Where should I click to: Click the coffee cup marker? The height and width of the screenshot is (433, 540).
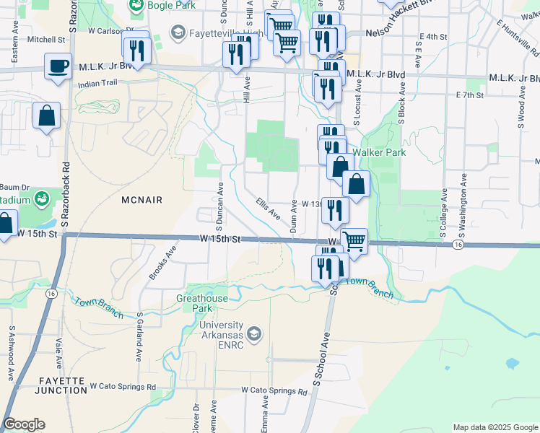pos(58,67)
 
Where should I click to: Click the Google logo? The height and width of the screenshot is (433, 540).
pos(24,424)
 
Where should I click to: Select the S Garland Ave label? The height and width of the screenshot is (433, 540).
pos(139,337)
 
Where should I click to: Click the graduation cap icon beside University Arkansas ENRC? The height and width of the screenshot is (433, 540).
pos(253,333)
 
